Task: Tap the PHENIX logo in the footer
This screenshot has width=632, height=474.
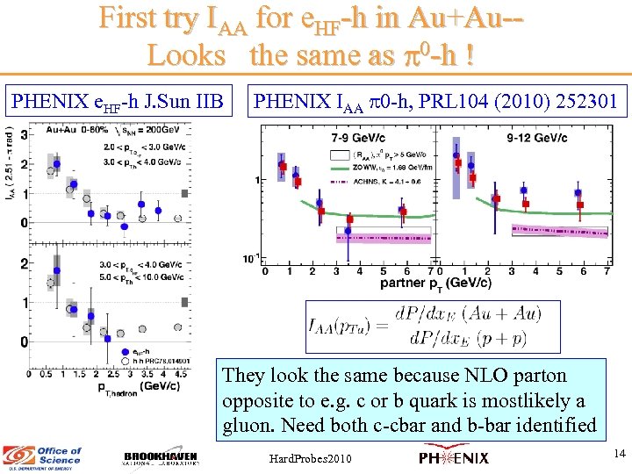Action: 454,457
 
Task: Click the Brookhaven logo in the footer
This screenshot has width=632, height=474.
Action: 161,458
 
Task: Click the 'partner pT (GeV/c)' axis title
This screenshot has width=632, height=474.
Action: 434,284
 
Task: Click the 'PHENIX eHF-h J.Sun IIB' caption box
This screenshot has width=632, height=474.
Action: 118,101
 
